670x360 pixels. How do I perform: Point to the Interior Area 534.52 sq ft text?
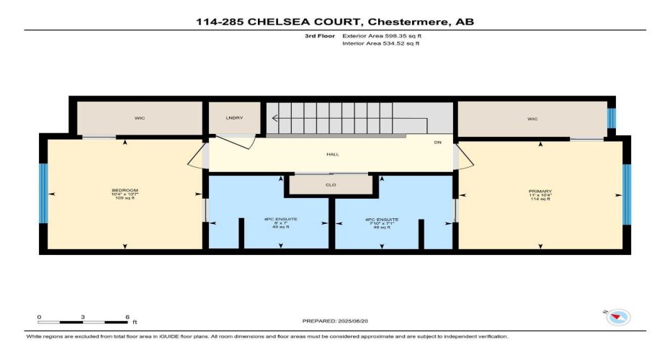tap(380, 43)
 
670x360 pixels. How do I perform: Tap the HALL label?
tap(332, 154)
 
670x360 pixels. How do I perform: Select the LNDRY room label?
tap(233, 118)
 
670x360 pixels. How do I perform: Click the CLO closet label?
tap(331, 184)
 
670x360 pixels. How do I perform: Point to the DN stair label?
tap(437, 143)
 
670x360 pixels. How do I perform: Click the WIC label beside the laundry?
tap(140, 118)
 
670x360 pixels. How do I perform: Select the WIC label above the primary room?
tap(532, 118)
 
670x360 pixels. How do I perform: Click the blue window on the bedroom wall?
tap(43, 194)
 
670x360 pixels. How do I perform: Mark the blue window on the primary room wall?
tap(626, 194)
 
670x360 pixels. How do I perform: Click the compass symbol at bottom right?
tap(618, 317)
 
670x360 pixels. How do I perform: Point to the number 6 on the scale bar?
tap(128, 317)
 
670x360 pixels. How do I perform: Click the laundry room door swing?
tap(246, 141)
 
